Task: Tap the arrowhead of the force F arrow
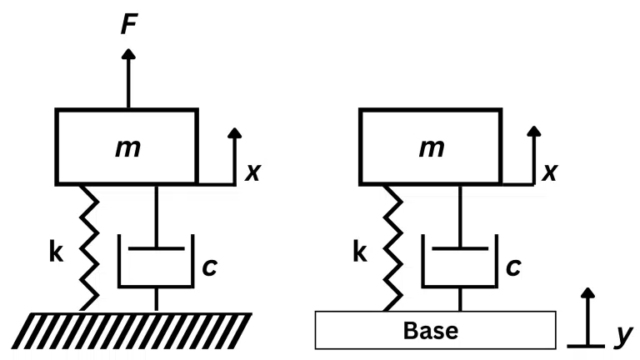coord(127,54)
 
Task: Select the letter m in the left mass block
coord(127,147)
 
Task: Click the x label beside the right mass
coord(549,172)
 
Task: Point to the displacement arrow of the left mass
coord(234,154)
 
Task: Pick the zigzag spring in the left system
coord(87,247)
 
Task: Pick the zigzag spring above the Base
coord(391,247)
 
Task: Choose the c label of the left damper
coord(209,268)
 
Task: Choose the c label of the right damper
coord(513,268)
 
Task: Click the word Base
coord(431,330)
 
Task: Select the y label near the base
coord(621,335)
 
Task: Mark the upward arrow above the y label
coord(590,312)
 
